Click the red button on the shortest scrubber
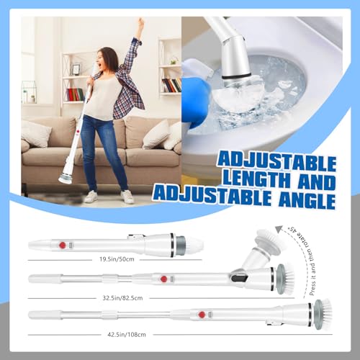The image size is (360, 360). [62, 246]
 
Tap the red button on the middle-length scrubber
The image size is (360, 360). [164, 279]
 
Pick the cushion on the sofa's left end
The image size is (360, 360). [36, 132]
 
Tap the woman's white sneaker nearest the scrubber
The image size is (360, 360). [91, 197]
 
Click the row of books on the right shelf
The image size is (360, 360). [172, 85]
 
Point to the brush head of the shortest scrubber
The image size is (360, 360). [190, 246]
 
